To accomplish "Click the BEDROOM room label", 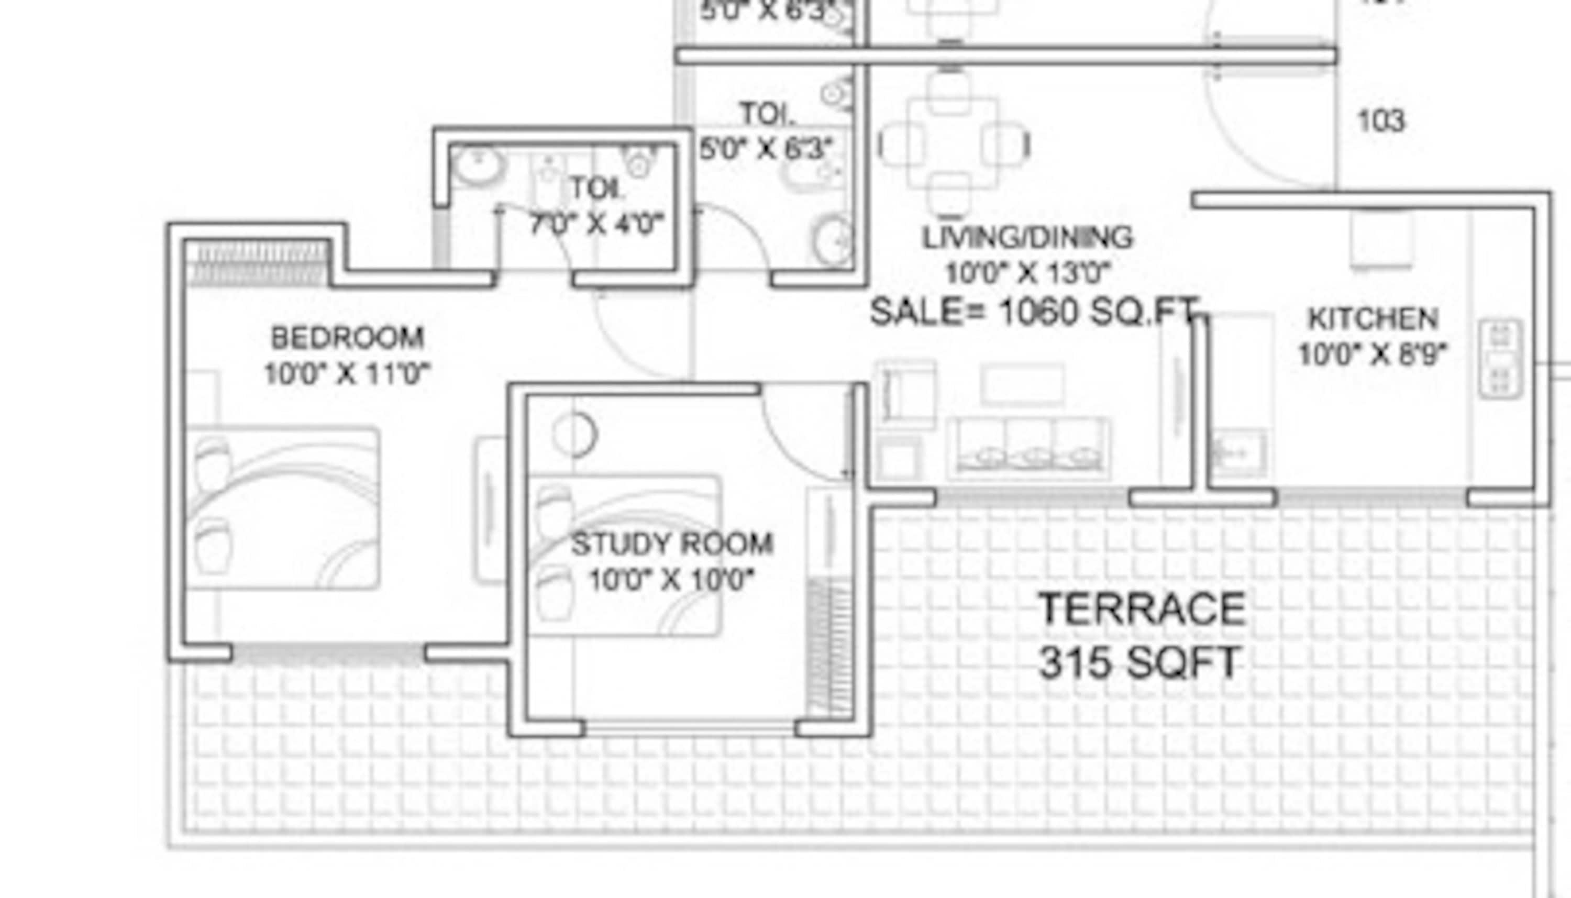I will pyautogui.click(x=347, y=338).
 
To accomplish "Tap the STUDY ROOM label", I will pyautogui.click(x=672, y=544).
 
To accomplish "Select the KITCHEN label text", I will pyautogui.click(x=1373, y=319).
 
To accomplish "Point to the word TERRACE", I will pyautogui.click(x=1142, y=609).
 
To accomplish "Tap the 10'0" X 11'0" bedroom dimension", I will pyautogui.click(x=347, y=374).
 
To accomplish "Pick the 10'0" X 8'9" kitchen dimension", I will pyautogui.click(x=1373, y=354).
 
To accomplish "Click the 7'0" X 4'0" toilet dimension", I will pyautogui.click(x=597, y=224).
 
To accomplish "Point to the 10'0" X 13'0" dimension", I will pyautogui.click(x=1027, y=273).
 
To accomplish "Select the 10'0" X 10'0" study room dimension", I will pyautogui.click(x=672, y=580).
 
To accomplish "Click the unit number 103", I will pyautogui.click(x=1381, y=121).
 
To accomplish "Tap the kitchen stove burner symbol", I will pyautogui.click(x=1501, y=358).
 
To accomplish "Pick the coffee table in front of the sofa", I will pyautogui.click(x=1022, y=384).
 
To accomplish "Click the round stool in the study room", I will pyautogui.click(x=575, y=434).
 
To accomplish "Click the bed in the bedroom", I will pyautogui.click(x=283, y=507).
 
